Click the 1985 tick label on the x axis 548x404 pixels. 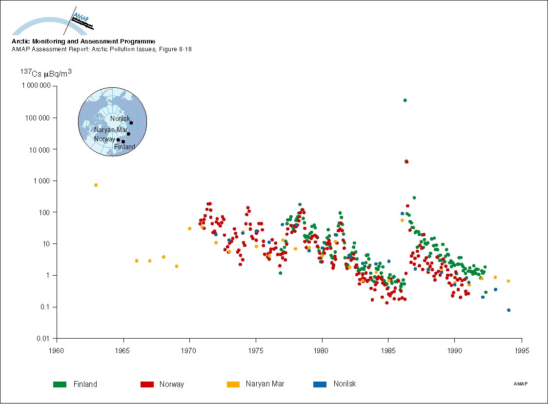pos(388,350)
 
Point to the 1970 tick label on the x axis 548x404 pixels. pos(189,350)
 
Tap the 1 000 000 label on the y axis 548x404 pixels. pos(36,86)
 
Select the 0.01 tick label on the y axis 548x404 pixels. pos(46,339)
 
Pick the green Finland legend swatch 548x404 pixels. pos(60,384)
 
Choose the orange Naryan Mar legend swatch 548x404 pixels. pos(233,384)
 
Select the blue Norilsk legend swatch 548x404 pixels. pos(320,384)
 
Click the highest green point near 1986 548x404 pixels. pos(405,100)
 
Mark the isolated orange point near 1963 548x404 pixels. pos(96,185)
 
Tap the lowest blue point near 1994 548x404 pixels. pos(509,310)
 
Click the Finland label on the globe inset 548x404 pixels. pos(124,147)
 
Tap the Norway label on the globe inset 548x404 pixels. pos(105,140)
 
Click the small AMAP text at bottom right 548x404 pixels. pos(520,384)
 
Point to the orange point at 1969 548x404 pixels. pos(177,266)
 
